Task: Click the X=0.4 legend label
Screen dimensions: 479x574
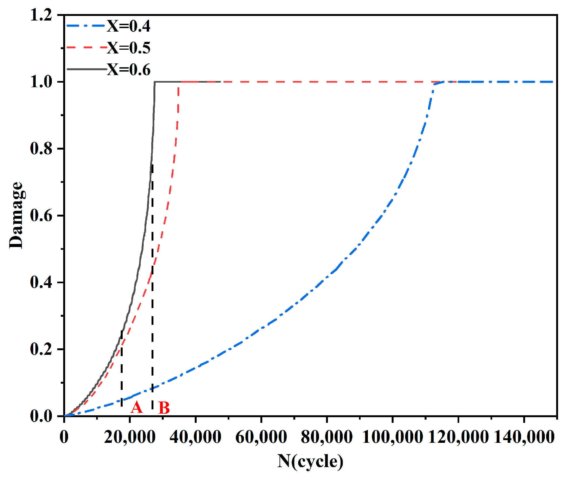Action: click(129, 26)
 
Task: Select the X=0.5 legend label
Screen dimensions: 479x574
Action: click(129, 48)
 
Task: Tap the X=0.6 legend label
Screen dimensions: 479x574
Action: click(129, 70)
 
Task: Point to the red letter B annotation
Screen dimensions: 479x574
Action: click(164, 408)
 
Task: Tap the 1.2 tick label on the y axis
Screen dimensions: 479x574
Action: click(41, 15)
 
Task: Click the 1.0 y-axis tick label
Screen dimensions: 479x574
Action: click(41, 82)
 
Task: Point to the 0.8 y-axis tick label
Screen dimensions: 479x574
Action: click(41, 149)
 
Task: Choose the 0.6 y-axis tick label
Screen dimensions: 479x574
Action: click(41, 216)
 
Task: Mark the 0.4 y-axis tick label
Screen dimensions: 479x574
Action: click(41, 282)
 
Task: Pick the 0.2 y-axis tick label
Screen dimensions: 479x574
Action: click(41, 349)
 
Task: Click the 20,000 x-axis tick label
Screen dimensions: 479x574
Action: click(130, 437)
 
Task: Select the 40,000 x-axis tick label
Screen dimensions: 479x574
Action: click(196, 437)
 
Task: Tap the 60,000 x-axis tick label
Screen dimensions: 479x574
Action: click(261, 437)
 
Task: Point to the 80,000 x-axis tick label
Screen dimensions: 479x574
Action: click(327, 437)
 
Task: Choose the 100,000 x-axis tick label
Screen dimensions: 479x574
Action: click(392, 437)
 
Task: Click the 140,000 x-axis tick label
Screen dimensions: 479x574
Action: click(524, 437)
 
